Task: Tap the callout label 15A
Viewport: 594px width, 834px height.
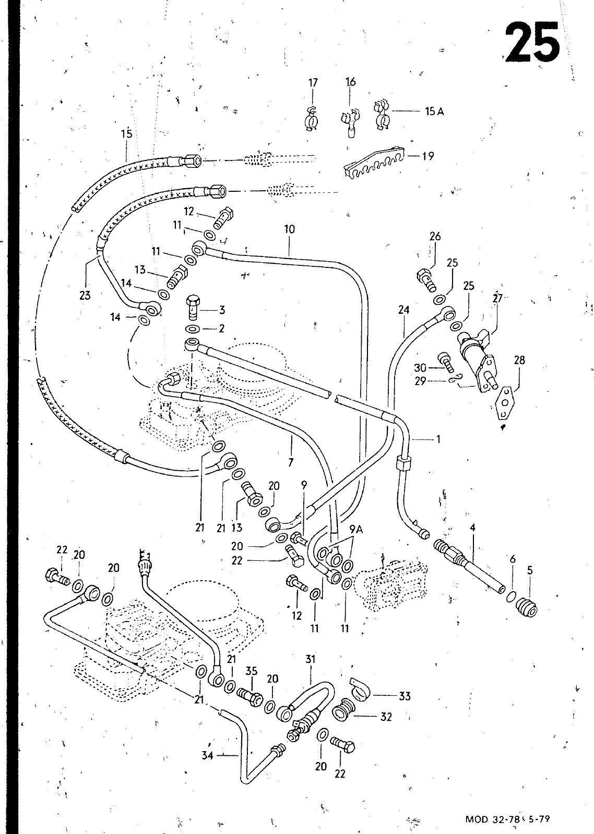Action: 434,111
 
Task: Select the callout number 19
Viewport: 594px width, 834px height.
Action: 428,156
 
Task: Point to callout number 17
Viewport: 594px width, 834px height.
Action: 313,82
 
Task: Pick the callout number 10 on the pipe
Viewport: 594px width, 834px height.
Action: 290,229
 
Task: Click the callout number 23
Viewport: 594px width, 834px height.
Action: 85,296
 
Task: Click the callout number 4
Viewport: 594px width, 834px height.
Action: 472,528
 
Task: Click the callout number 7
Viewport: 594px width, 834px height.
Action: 291,461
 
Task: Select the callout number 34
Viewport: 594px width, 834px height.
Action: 208,754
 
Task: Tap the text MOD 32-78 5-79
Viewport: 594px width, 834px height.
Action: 507,819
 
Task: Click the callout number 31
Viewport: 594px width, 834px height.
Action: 311,659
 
